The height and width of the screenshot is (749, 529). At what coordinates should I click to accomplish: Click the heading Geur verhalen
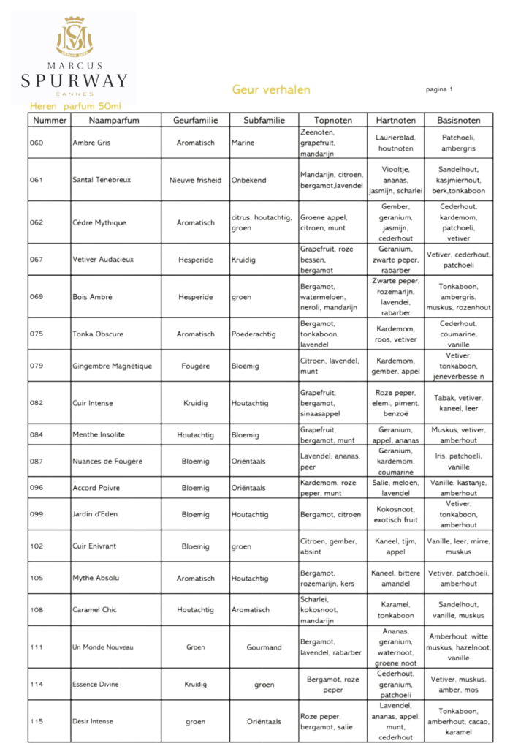coord(271,90)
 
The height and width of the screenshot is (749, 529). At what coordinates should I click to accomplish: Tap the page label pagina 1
coord(439,89)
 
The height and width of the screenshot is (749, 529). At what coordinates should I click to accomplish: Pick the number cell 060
coord(37,143)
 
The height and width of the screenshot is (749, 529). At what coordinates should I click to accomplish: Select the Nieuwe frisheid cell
coord(195,180)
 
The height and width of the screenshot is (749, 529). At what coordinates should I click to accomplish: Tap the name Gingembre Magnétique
coord(112,366)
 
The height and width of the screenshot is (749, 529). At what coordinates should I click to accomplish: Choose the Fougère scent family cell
coord(195,366)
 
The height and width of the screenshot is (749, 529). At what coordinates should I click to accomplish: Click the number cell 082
coord(37,403)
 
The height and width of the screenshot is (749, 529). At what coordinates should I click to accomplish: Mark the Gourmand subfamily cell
coord(264,647)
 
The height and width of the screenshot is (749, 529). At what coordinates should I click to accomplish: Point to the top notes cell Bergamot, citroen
coord(330,514)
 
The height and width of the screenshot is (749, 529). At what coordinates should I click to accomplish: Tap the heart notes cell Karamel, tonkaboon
coord(395,609)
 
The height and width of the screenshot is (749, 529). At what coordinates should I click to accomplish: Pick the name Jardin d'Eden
coord(95,514)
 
